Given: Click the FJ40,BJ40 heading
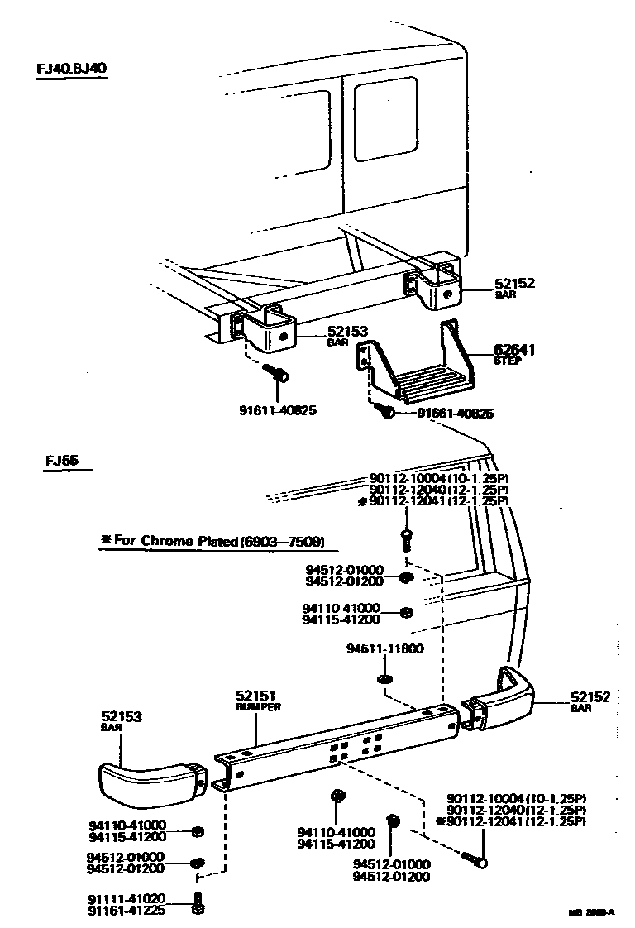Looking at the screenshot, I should (x=71, y=68).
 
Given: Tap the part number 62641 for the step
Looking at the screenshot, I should (x=514, y=350).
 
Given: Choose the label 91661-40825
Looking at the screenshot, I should (x=455, y=414).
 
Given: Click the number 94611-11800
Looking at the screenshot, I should (x=384, y=649).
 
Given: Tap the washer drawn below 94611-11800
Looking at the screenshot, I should (x=383, y=679).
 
